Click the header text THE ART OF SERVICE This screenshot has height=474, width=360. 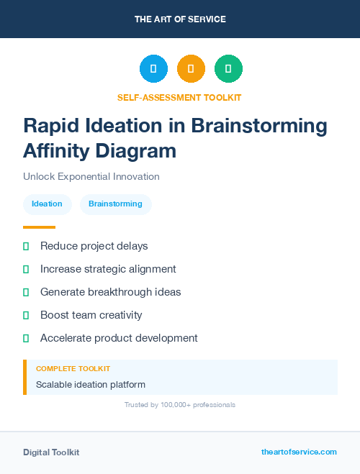[x=180, y=19]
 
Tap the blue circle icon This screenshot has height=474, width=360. [x=153, y=69]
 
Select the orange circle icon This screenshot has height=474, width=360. [x=191, y=69]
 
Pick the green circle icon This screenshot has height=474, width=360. [x=228, y=69]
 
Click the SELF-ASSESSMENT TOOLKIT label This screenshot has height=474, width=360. [x=180, y=97]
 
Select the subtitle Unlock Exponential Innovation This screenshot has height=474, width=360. [x=91, y=176]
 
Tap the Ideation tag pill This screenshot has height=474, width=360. [x=47, y=204]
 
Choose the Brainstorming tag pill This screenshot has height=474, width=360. [x=115, y=204]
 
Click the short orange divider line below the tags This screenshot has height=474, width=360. [x=39, y=227]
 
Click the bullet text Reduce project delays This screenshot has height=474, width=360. [x=94, y=246]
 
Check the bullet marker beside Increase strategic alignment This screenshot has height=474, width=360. [x=26, y=269]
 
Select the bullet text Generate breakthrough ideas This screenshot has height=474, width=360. [x=110, y=292]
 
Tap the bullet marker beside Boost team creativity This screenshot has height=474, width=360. [x=26, y=315]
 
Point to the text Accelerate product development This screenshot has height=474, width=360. [x=119, y=338]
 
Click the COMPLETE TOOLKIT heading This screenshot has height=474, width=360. [x=73, y=368]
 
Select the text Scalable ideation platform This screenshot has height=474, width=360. [x=91, y=385]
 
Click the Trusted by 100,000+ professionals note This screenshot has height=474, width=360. [x=180, y=405]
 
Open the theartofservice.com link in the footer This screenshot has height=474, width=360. [x=299, y=452]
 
